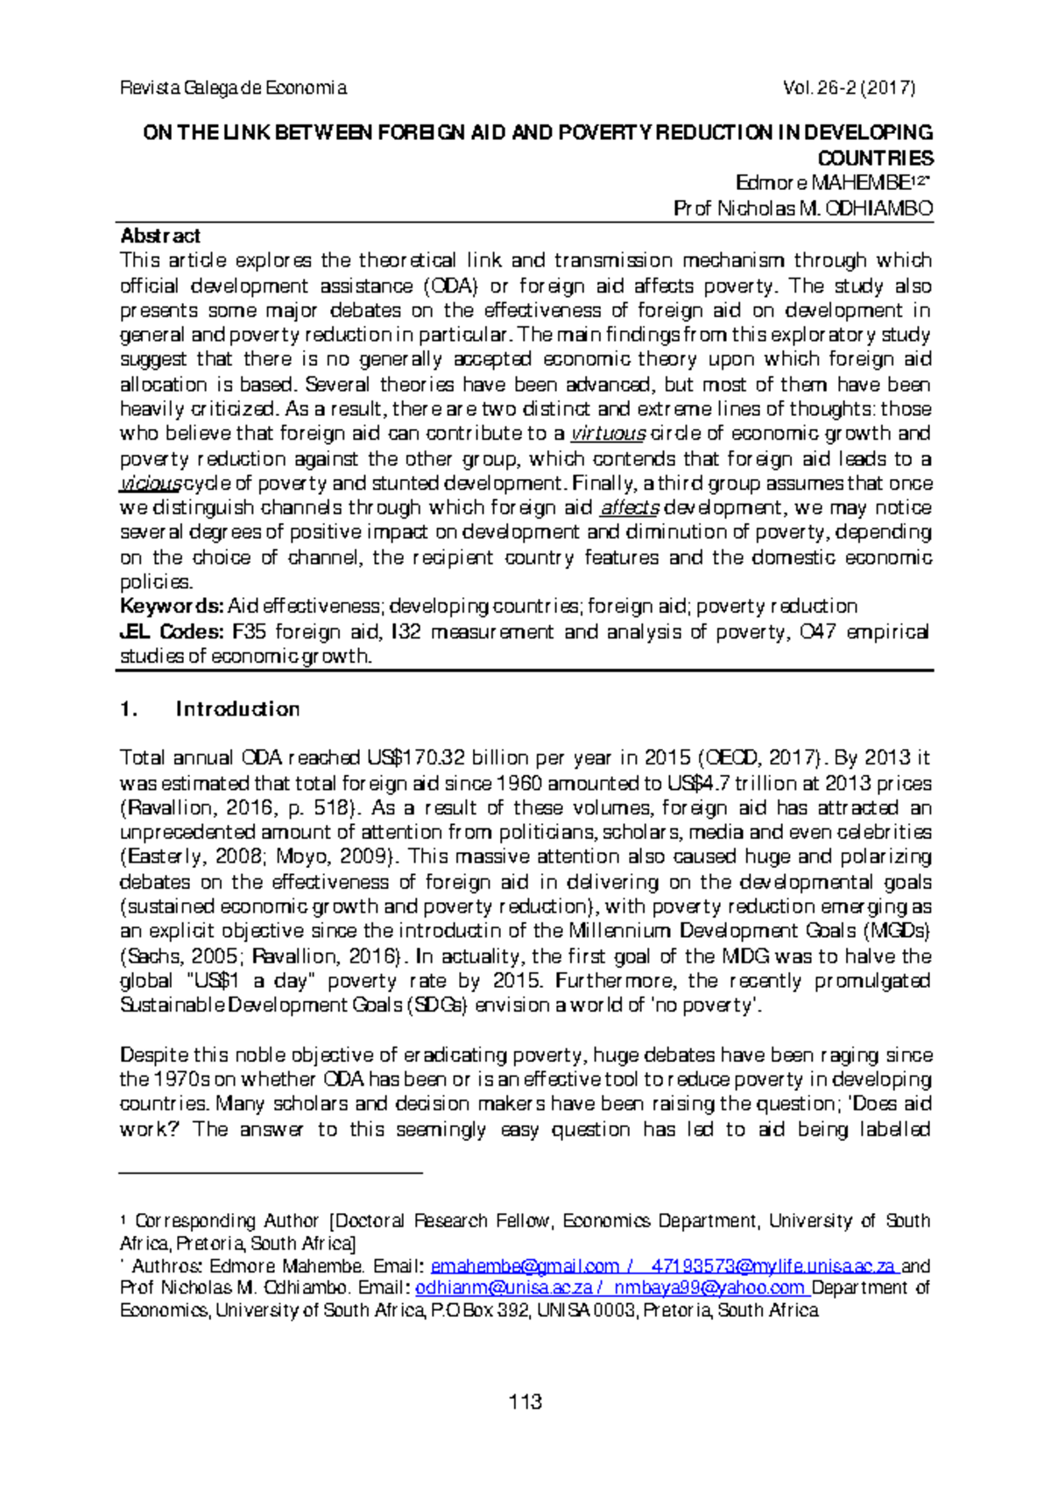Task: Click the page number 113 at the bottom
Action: (x=525, y=1402)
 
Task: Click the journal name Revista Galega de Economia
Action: (x=233, y=88)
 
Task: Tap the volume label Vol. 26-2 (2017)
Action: (x=850, y=88)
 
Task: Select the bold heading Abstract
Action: (x=160, y=236)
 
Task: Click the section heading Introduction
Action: (x=237, y=708)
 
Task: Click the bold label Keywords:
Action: (x=172, y=606)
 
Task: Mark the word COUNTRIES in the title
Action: (x=875, y=159)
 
